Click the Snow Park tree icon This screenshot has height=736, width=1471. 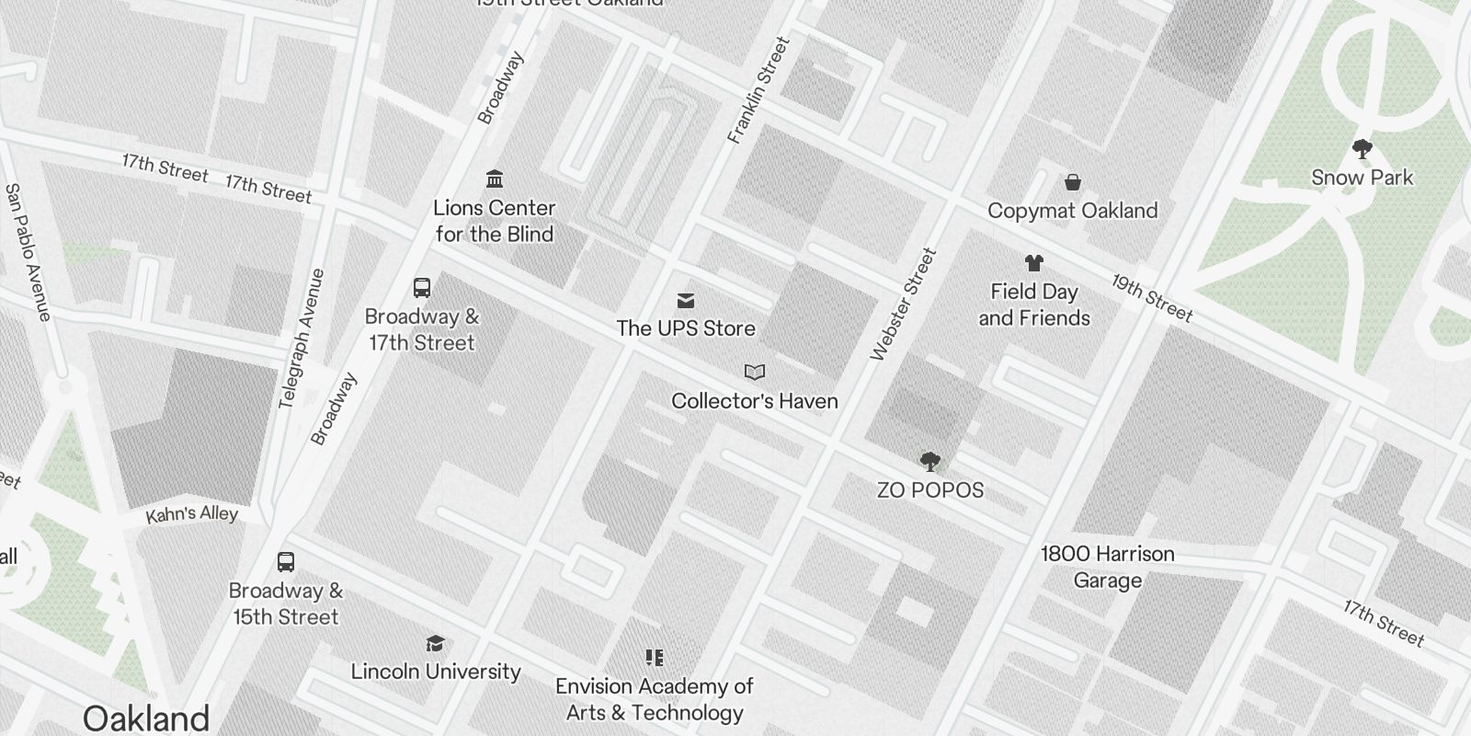click(1362, 149)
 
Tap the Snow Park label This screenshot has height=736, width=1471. click(1362, 178)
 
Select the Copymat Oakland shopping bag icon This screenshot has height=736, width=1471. click(1072, 182)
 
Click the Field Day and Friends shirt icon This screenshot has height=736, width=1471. click(1033, 263)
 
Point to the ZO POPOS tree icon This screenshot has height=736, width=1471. click(929, 461)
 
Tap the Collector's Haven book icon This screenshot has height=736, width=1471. click(754, 373)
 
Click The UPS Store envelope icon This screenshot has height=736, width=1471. click(686, 301)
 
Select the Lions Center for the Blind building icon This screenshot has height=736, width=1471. click(495, 178)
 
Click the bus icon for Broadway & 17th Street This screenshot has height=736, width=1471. click(422, 288)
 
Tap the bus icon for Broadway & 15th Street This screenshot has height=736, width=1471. click(286, 562)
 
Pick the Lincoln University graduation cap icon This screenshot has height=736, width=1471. click(435, 643)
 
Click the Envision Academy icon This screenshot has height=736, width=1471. click(655, 658)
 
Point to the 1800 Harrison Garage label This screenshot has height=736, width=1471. click(1107, 567)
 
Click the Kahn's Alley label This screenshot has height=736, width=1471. click(192, 514)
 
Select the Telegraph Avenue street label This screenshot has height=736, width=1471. click(302, 338)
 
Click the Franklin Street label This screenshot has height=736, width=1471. click(758, 90)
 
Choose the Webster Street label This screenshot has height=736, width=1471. click(903, 304)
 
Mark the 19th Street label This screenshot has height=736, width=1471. click(1151, 298)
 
